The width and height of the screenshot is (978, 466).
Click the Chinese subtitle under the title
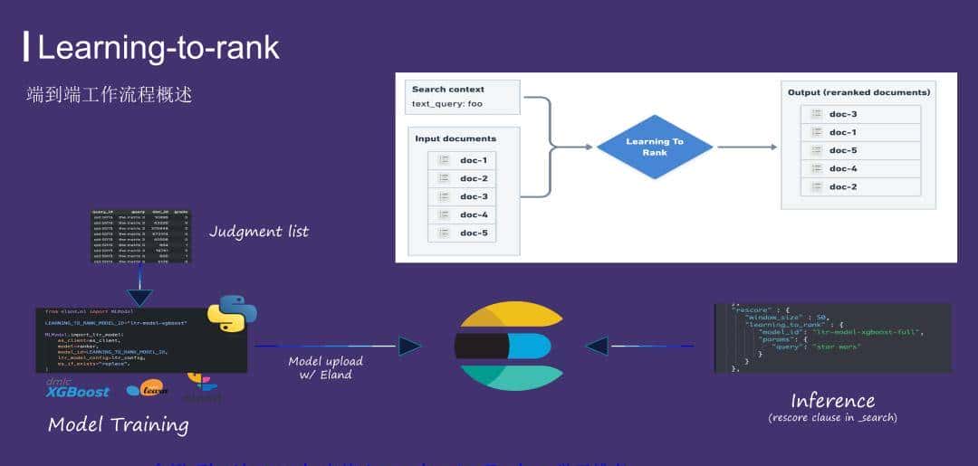(x=110, y=94)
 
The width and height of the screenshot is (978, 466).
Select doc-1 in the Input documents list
(x=473, y=160)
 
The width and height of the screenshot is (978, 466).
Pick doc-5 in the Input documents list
(x=473, y=233)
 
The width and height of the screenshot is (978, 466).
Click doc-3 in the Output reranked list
(x=842, y=114)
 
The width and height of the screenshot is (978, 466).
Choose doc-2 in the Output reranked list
(x=842, y=186)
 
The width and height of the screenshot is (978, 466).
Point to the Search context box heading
(x=447, y=90)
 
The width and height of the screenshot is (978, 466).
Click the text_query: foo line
(x=446, y=104)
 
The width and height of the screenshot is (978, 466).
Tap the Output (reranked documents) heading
(x=858, y=92)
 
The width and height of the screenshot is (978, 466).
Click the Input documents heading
(x=455, y=138)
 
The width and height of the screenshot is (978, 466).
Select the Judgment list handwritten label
(x=259, y=232)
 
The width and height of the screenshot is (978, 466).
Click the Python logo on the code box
(x=232, y=313)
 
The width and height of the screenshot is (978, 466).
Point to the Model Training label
(x=118, y=424)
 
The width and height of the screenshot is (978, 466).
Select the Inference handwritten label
(x=832, y=400)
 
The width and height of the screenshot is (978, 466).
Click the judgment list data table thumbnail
(x=140, y=236)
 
